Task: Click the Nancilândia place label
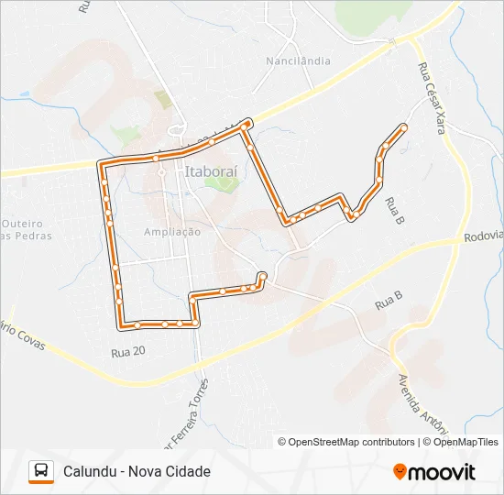click(298, 61)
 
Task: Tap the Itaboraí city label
click(210, 170)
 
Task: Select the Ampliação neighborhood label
click(172, 232)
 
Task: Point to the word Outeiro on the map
click(23, 223)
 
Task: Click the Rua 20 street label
click(127, 351)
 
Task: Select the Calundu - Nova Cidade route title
click(137, 471)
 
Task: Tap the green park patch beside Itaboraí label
click(220, 181)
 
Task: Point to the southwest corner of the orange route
click(120, 324)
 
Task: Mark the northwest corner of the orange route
click(101, 164)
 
